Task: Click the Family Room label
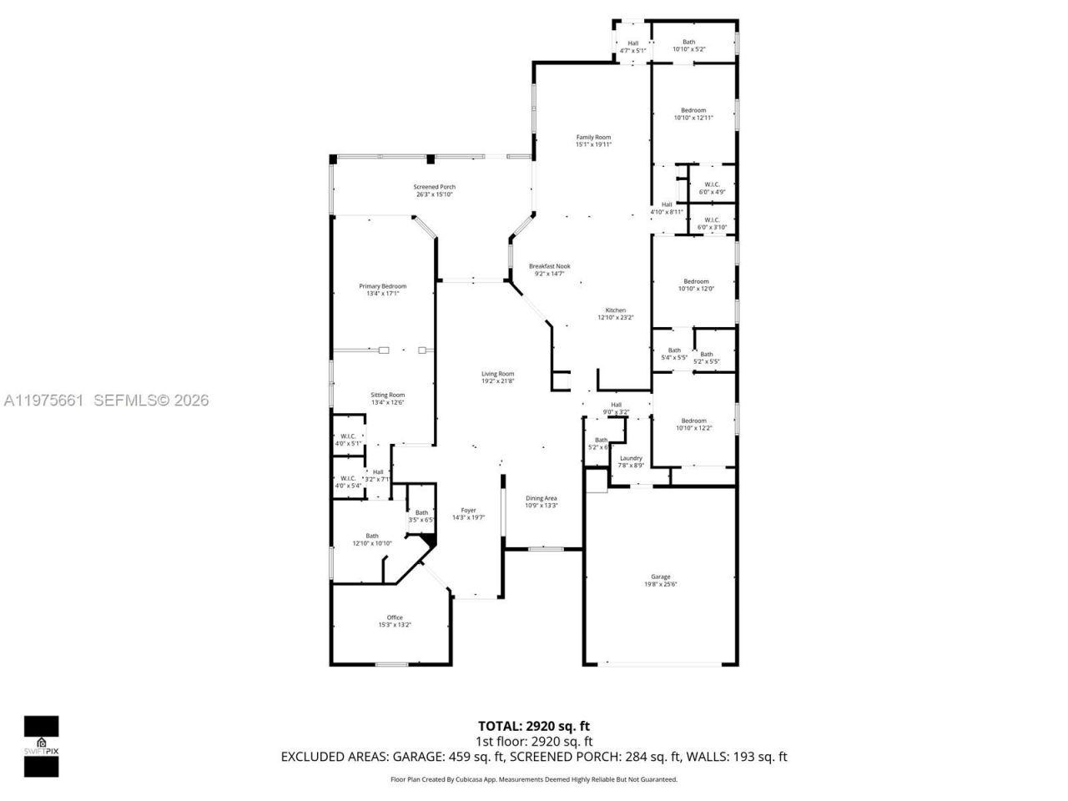click(593, 137)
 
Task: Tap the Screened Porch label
click(435, 187)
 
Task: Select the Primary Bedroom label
click(383, 286)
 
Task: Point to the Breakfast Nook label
click(550, 266)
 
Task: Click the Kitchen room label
click(616, 310)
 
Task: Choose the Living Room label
click(497, 374)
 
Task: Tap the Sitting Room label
click(388, 395)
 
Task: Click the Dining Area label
click(542, 499)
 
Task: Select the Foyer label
click(469, 511)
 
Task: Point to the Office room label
click(395, 617)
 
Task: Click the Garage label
click(660, 577)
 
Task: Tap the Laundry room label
click(631, 458)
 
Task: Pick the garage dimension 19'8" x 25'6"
click(660, 584)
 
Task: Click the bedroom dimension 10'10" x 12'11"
click(693, 118)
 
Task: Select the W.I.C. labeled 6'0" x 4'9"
click(712, 192)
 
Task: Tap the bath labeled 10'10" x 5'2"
click(689, 49)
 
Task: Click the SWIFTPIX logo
click(41, 745)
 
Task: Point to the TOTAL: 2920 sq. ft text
click(533, 726)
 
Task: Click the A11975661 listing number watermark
click(43, 400)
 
